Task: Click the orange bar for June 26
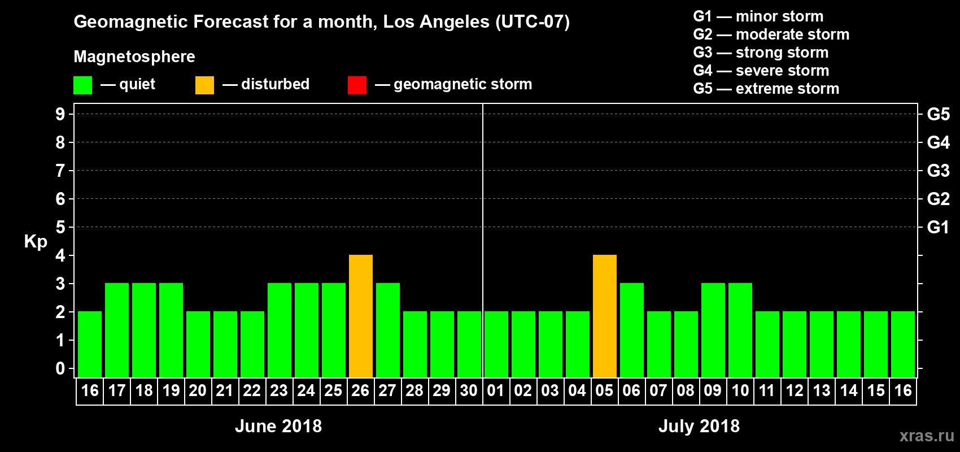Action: [x=361, y=316]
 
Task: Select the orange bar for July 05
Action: [x=605, y=316]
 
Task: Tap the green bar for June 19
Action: [x=171, y=330]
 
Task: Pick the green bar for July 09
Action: [x=713, y=330]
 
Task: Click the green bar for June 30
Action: [x=469, y=344]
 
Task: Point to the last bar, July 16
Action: [x=903, y=344]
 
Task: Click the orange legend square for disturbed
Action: [x=204, y=85]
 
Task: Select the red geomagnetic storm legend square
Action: [x=357, y=85]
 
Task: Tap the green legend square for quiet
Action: [x=82, y=85]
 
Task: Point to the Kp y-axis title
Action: [x=36, y=241]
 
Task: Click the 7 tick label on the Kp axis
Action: [x=60, y=171]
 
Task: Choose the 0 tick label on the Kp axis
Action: [x=60, y=369]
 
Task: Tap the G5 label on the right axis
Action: [x=938, y=114]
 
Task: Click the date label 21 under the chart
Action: [x=225, y=390]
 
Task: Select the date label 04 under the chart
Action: [x=577, y=390]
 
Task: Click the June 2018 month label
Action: [x=278, y=426]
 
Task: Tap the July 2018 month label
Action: [x=699, y=426]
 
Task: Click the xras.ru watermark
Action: [x=927, y=436]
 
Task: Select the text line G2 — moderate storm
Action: [x=771, y=34]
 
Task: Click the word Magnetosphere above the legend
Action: [x=134, y=56]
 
